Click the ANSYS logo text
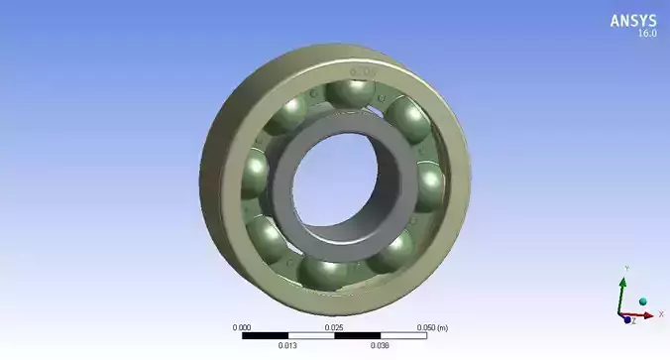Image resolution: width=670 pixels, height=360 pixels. pyautogui.click(x=632, y=20)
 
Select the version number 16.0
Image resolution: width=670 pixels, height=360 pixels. pyautogui.click(x=645, y=34)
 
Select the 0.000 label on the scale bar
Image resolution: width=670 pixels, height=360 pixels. pyautogui.click(x=242, y=327)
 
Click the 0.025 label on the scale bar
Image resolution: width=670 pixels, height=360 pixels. pyautogui.click(x=335, y=327)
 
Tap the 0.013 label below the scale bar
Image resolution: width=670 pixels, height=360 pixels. pyautogui.click(x=288, y=346)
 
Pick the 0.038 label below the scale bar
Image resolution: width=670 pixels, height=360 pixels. pyautogui.click(x=381, y=346)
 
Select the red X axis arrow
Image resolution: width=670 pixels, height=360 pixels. pyautogui.click(x=643, y=315)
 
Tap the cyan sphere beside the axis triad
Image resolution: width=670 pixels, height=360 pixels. pyautogui.click(x=642, y=300)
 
